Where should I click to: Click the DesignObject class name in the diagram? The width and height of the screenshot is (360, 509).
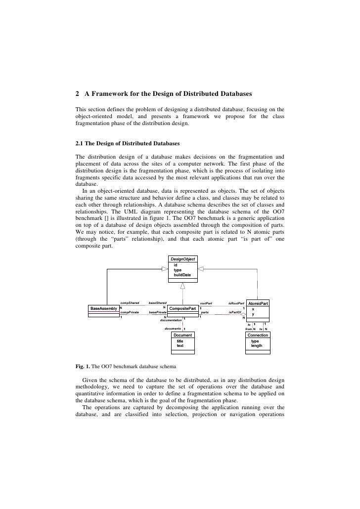point(183,259)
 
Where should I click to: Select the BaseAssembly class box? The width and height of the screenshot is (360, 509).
point(103,308)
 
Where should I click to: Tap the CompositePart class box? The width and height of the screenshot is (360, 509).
point(182,308)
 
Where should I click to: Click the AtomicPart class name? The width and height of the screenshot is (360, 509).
point(258,303)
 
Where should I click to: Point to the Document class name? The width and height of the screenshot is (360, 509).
point(183,335)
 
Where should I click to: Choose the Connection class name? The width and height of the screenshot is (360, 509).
point(258,335)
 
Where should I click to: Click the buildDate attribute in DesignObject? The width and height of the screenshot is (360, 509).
point(182,274)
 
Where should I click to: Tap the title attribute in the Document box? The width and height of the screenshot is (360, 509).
point(180,341)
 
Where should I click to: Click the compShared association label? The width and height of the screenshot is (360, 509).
point(130,302)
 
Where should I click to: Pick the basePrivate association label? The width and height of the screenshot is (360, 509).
point(158,313)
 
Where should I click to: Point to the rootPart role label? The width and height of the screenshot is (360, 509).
point(206,302)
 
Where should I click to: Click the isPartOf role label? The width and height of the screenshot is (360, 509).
point(235,313)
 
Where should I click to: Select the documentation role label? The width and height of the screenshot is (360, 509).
point(165,320)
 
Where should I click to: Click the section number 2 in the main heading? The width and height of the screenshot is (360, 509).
point(77,93)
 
